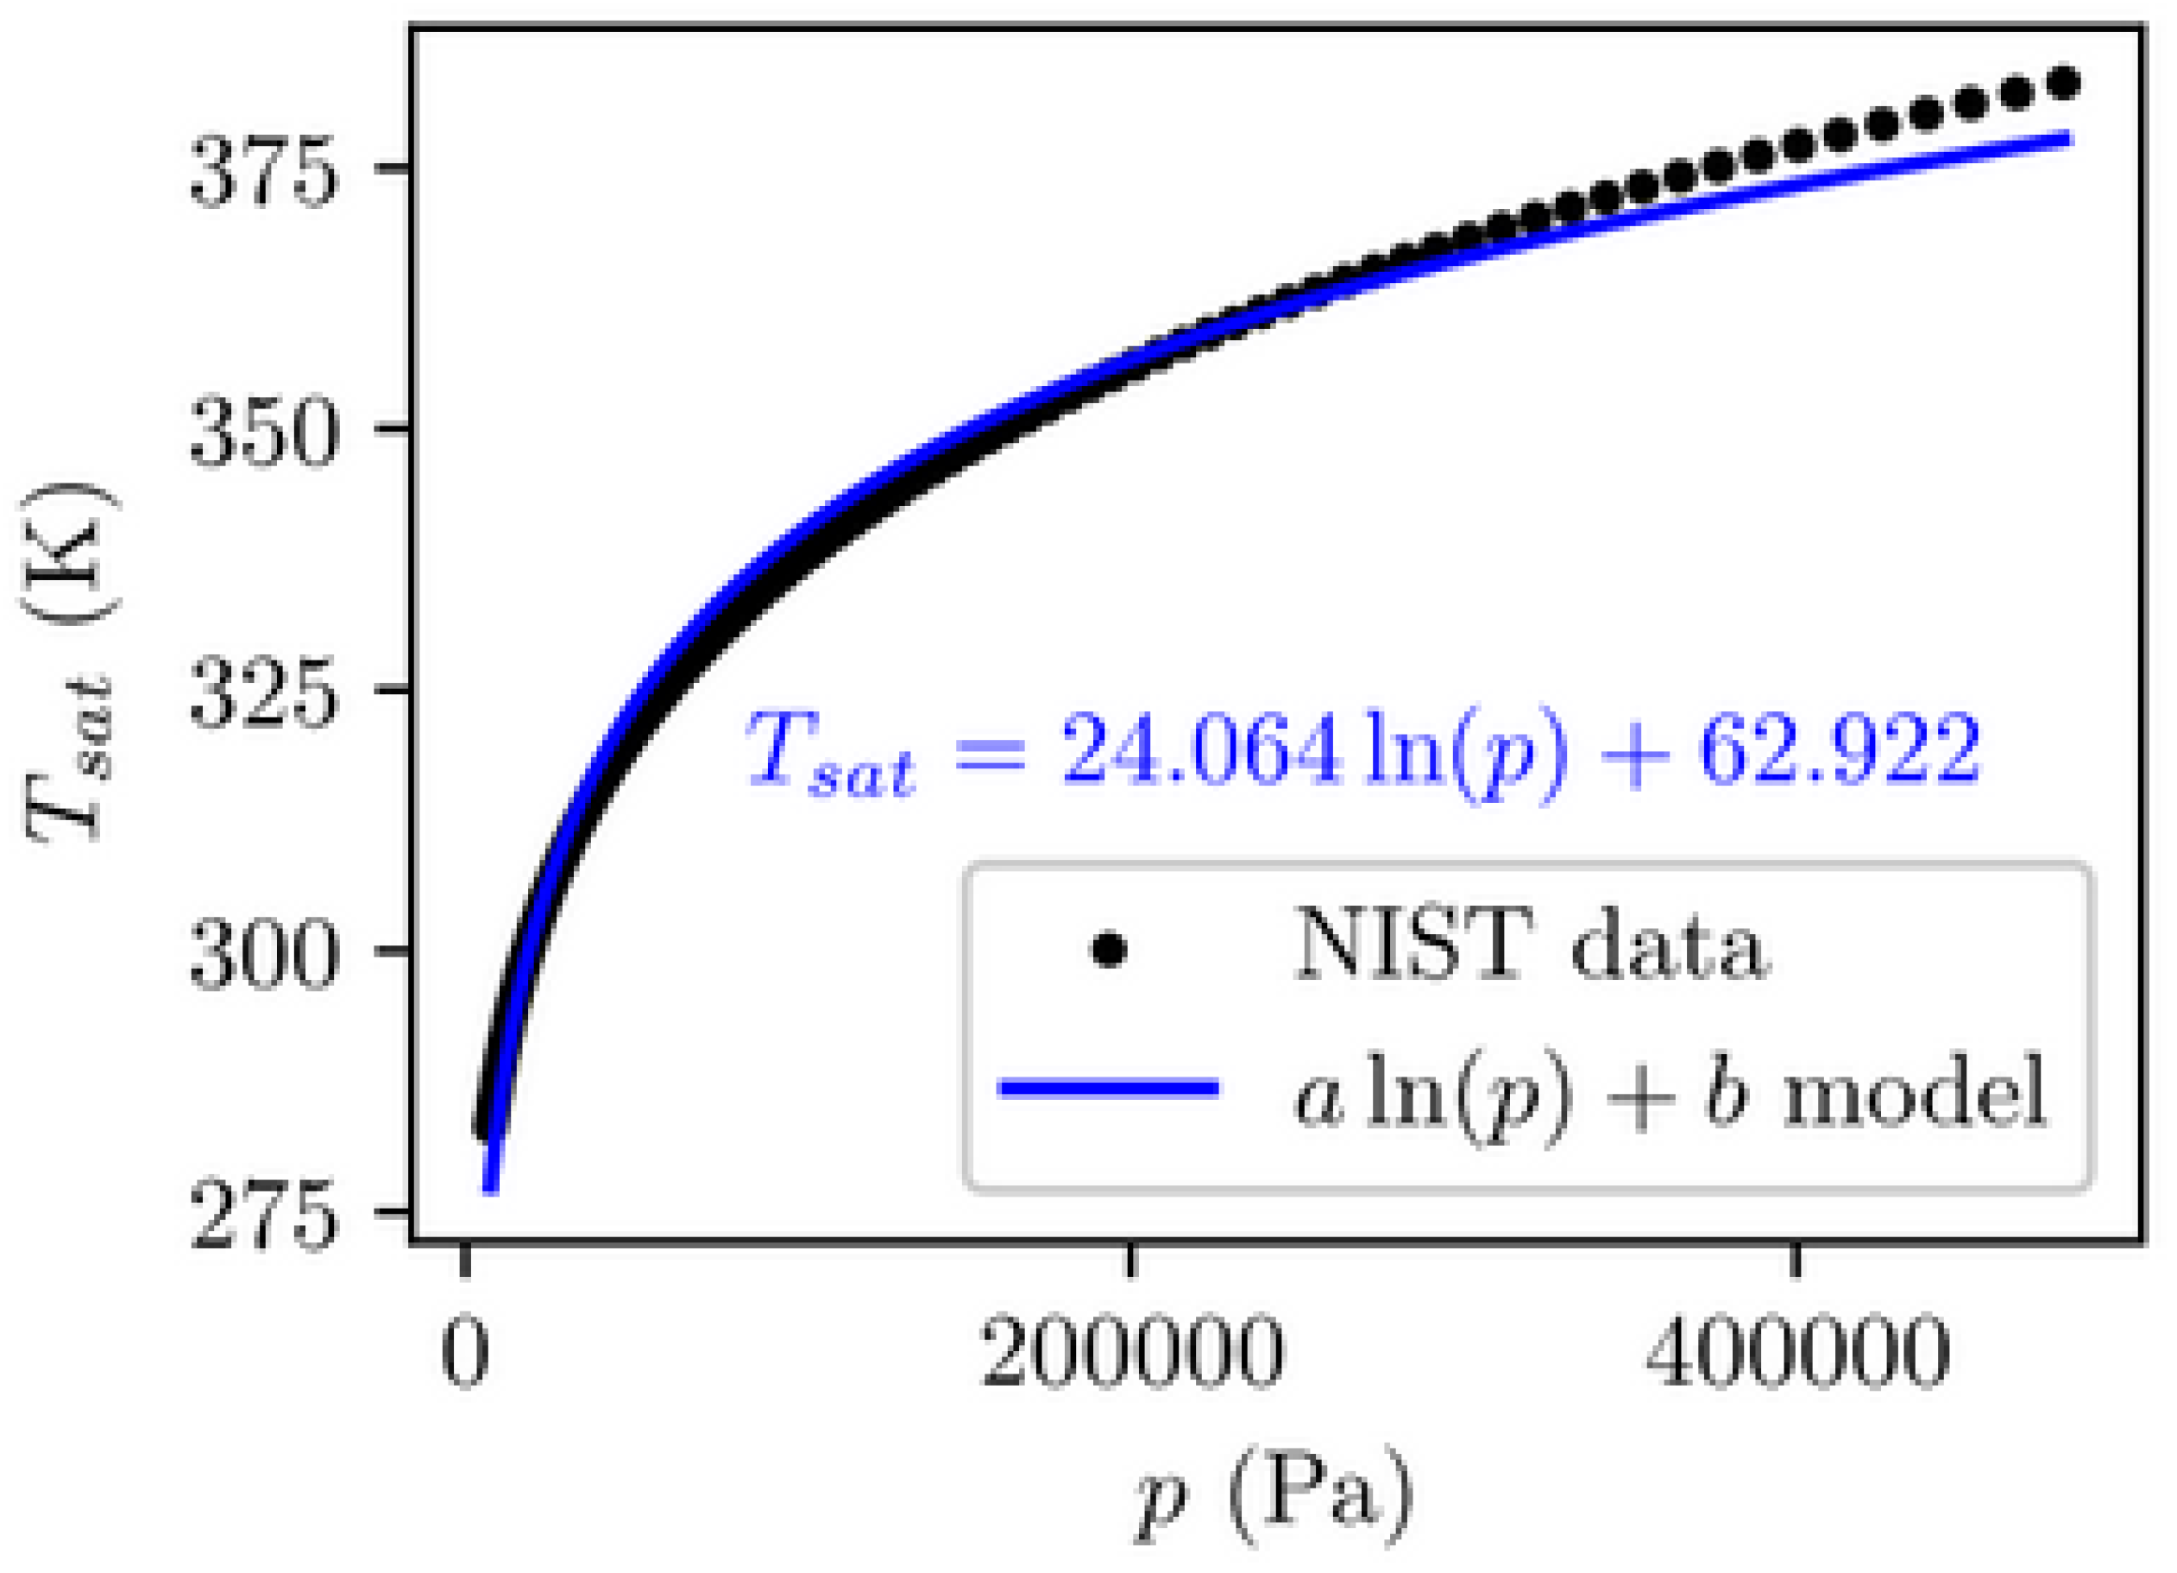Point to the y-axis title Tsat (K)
pyautogui.click(x=69, y=663)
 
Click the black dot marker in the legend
pyautogui.click(x=1109, y=951)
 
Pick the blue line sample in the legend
pyautogui.click(x=1109, y=1088)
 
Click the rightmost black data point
pyautogui.click(x=2063, y=84)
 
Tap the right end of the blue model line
pyautogui.click(x=2069, y=140)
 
